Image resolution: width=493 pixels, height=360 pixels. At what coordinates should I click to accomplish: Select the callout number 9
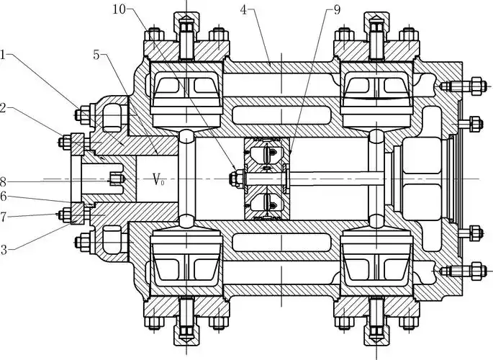click(337, 9)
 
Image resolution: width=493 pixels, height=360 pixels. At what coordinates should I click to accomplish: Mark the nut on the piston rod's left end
click(234, 178)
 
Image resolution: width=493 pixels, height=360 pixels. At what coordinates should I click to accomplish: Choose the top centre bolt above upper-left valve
click(185, 32)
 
